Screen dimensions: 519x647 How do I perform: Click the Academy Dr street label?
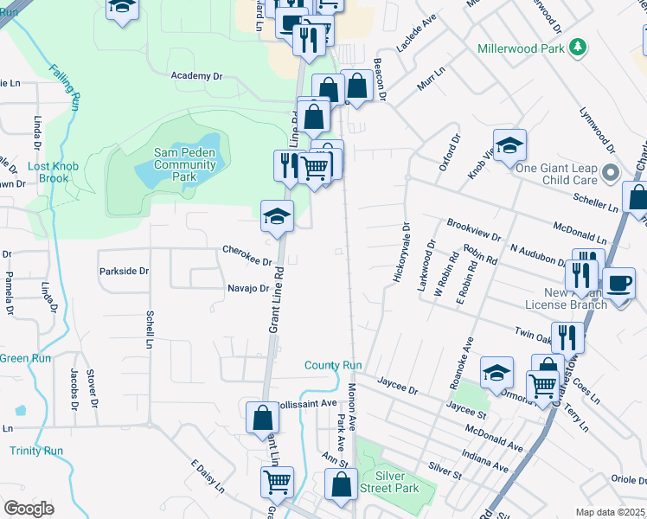196,76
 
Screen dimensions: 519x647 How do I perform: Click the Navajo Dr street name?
249,288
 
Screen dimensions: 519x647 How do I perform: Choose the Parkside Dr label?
124,271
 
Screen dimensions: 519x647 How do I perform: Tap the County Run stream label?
333,366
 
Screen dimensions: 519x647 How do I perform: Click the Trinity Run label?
37,451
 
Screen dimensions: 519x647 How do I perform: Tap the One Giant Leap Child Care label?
557,175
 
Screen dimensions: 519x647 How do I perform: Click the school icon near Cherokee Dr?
278,216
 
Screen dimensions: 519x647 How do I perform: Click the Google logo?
29,509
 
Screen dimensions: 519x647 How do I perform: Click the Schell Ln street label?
151,324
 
